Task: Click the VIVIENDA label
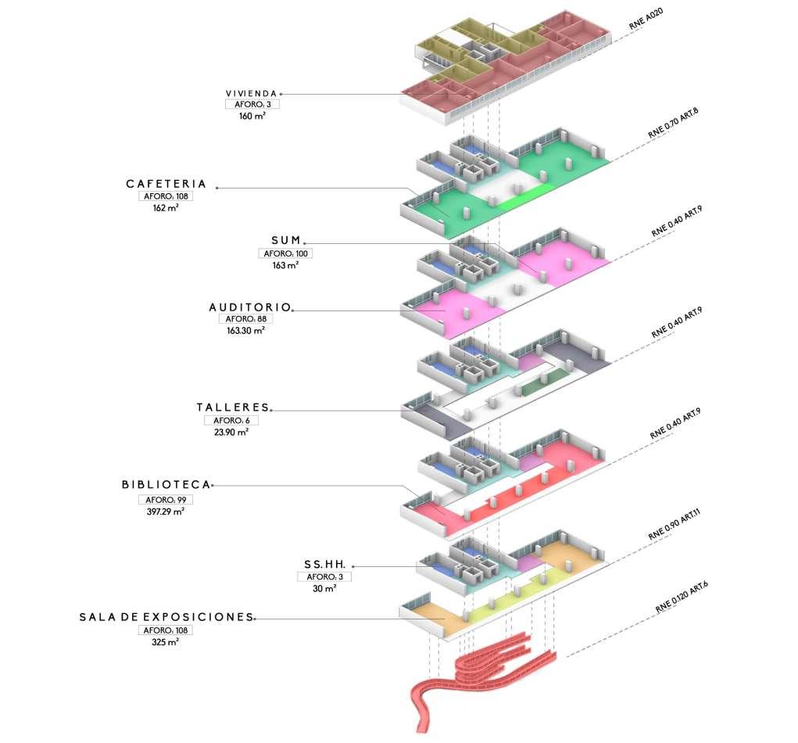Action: point(251,93)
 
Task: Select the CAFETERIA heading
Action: point(166,185)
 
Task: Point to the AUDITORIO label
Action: point(249,307)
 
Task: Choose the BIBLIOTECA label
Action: point(166,485)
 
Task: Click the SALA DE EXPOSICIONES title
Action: point(166,617)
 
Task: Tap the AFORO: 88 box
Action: point(245,319)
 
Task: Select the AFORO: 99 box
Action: point(164,500)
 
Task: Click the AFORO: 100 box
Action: point(284,253)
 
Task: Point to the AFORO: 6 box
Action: point(231,420)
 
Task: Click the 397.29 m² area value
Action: point(163,511)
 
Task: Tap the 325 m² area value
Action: point(165,642)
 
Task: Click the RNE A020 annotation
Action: point(646,20)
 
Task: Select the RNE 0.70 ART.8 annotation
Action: point(673,123)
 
